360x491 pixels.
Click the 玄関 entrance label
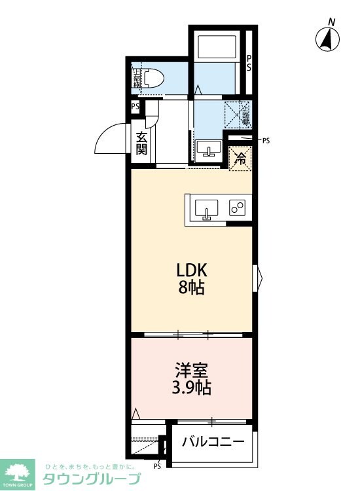point(142,143)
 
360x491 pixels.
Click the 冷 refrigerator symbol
point(240,158)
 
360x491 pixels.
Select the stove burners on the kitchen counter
point(237,208)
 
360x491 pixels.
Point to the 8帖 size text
point(191,287)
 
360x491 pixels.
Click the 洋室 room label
point(191,369)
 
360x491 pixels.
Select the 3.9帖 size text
point(191,387)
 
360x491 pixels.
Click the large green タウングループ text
point(92,479)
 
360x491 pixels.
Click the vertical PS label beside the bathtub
point(249,63)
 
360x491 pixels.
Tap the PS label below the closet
point(157,467)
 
